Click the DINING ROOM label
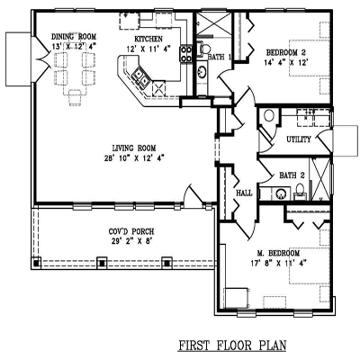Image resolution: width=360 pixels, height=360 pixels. pos(74,37)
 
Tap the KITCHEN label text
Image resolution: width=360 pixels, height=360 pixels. pos(148,39)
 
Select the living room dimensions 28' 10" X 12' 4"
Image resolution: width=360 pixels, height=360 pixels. pos(134,158)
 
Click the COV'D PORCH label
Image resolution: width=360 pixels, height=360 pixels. pos(131,231)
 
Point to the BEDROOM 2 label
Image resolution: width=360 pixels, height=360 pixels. pos(286,53)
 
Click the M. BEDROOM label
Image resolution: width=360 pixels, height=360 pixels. pos(278,253)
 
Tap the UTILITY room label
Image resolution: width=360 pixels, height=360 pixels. pos(299,139)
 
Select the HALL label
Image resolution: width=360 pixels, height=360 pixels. pos(244,193)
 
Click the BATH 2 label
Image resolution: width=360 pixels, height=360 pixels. pos(292,175)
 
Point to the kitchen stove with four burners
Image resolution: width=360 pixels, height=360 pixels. pos(186,54)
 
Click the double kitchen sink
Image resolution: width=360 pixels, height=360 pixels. pos(141,76)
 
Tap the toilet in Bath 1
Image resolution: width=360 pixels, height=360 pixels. pos(204,49)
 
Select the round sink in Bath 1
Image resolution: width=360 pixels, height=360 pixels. pos(202,71)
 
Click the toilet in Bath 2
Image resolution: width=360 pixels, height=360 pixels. pos(300,191)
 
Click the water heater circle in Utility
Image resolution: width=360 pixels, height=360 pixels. pos(268,115)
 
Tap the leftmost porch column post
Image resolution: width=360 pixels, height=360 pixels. pos(36,263)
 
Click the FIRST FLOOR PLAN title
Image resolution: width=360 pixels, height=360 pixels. pos(232,345)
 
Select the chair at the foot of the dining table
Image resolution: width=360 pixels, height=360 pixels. pos(75,98)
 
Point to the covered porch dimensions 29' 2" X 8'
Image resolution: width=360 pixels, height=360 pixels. pos(131,240)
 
